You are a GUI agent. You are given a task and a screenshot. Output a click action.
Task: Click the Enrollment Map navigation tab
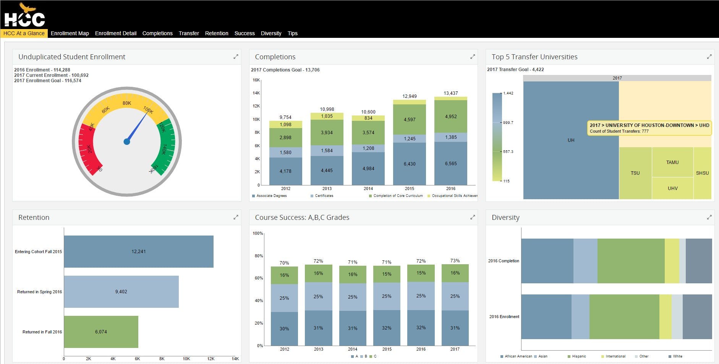tap(70, 33)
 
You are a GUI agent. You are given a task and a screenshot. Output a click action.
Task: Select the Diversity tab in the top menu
tap(271, 33)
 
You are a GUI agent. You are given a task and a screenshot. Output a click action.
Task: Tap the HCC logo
tap(24, 16)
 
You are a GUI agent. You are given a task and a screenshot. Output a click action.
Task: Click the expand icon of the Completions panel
tap(473, 57)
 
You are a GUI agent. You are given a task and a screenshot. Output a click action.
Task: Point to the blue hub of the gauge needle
tap(127, 142)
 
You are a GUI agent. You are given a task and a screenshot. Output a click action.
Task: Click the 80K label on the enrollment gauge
tap(127, 103)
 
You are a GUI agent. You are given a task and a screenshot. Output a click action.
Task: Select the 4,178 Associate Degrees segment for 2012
tap(285, 171)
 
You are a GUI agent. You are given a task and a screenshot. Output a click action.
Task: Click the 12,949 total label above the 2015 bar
tap(410, 96)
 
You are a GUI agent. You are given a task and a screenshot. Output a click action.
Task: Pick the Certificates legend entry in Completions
tap(324, 196)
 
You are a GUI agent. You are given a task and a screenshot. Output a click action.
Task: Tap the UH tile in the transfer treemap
tap(571, 140)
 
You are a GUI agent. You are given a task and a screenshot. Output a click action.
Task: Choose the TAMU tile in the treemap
tap(672, 162)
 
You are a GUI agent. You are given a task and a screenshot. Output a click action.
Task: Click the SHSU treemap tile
tap(702, 173)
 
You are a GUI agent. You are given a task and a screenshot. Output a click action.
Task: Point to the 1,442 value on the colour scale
tap(508, 93)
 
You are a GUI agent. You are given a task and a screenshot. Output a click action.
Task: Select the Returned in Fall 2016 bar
tap(101, 332)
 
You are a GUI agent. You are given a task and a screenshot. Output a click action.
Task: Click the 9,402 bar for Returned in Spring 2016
tap(121, 292)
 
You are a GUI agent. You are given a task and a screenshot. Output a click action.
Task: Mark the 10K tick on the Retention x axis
tap(186, 359)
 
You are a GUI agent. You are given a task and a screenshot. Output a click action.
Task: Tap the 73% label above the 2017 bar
tap(455, 261)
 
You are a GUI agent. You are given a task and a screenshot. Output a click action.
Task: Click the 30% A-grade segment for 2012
tap(284, 329)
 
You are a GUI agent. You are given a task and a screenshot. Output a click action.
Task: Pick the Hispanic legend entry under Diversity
tap(578, 356)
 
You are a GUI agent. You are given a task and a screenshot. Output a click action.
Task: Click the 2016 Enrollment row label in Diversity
tap(504, 317)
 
